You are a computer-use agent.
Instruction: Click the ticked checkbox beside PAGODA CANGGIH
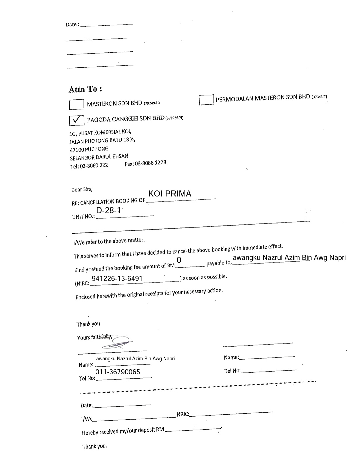76,120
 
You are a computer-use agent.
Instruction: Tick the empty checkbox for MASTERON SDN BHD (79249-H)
76,104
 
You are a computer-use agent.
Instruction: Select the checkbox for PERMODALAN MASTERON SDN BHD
206,100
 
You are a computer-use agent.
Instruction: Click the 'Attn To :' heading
85,89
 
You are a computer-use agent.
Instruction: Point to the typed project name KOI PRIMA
170,194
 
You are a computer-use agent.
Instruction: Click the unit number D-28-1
108,210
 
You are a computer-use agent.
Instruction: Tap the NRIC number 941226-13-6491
117,279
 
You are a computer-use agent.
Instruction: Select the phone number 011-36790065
118,372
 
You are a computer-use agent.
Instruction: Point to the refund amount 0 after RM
179,260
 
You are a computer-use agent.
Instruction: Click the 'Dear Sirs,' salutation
82,189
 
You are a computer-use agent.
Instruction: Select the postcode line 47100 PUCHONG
89,149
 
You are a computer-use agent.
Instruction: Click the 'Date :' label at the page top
72,24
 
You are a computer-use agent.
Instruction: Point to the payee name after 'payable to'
289,258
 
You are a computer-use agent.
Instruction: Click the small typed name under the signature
135,359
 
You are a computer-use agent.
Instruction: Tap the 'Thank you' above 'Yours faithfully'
88,324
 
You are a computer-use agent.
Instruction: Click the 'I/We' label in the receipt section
87,419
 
